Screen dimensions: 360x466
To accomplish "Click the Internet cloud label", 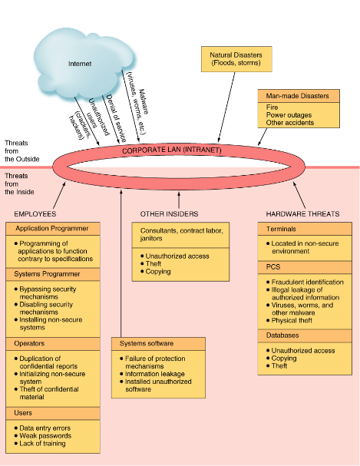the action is point(80,64).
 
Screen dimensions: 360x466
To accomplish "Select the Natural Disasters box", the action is point(236,59).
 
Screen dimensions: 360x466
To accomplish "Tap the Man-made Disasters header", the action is point(299,96).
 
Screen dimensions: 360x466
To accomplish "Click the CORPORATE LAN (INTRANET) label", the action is point(172,150).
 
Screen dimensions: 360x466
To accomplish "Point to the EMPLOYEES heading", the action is point(35,214).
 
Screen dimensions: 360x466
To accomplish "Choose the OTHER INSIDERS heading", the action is point(169,214).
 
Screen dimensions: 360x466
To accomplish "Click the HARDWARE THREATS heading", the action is point(302,214).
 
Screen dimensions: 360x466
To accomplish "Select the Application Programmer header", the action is point(52,229).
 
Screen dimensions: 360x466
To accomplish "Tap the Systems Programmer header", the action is point(52,274).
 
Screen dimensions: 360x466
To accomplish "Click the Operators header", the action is point(52,344).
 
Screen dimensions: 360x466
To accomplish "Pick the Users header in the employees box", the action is point(52,413).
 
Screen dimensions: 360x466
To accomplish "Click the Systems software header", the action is point(158,344).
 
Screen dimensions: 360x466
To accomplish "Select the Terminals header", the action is point(305,229).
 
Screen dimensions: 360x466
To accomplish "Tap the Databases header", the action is point(305,335).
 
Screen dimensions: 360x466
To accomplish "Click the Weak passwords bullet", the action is point(43,436).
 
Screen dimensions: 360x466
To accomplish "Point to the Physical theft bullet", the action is point(289,320).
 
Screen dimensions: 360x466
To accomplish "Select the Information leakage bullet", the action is point(152,374).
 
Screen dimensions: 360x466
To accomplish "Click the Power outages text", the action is point(289,115).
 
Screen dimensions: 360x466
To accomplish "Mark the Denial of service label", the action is point(117,118).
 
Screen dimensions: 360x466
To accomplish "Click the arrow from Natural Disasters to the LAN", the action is point(226,107).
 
